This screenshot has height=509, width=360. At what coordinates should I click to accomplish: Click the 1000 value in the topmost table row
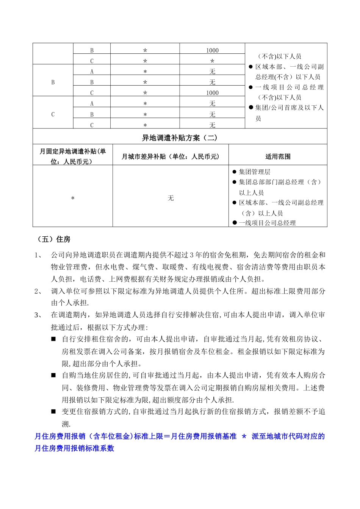(x=212, y=50)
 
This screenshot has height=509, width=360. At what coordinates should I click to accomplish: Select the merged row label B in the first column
(x=53, y=82)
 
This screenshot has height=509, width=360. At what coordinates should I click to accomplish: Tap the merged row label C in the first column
(x=53, y=114)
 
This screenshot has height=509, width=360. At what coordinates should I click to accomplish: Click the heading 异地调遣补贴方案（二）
(x=180, y=138)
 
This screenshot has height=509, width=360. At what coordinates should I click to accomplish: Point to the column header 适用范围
(x=278, y=156)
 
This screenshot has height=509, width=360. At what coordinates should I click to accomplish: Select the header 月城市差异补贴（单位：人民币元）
(x=171, y=156)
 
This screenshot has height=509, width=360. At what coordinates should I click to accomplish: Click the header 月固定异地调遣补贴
(x=73, y=151)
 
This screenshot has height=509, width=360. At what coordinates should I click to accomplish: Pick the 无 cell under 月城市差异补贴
(x=171, y=198)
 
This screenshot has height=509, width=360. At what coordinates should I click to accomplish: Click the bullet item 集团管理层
(x=255, y=172)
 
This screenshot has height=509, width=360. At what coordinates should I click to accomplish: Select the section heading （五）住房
(x=54, y=239)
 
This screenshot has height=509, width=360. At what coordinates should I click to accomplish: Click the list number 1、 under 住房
(x=39, y=255)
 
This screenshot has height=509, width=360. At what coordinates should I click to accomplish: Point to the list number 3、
(x=39, y=315)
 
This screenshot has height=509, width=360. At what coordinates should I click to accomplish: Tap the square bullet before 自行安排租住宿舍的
(x=53, y=339)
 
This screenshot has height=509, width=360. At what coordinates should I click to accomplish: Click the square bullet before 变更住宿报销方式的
(x=53, y=412)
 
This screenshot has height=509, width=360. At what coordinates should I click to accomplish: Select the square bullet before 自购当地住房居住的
(x=53, y=375)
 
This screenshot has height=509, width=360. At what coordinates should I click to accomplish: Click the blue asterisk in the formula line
(x=244, y=436)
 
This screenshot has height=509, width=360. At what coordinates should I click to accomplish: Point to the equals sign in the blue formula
(x=167, y=436)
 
